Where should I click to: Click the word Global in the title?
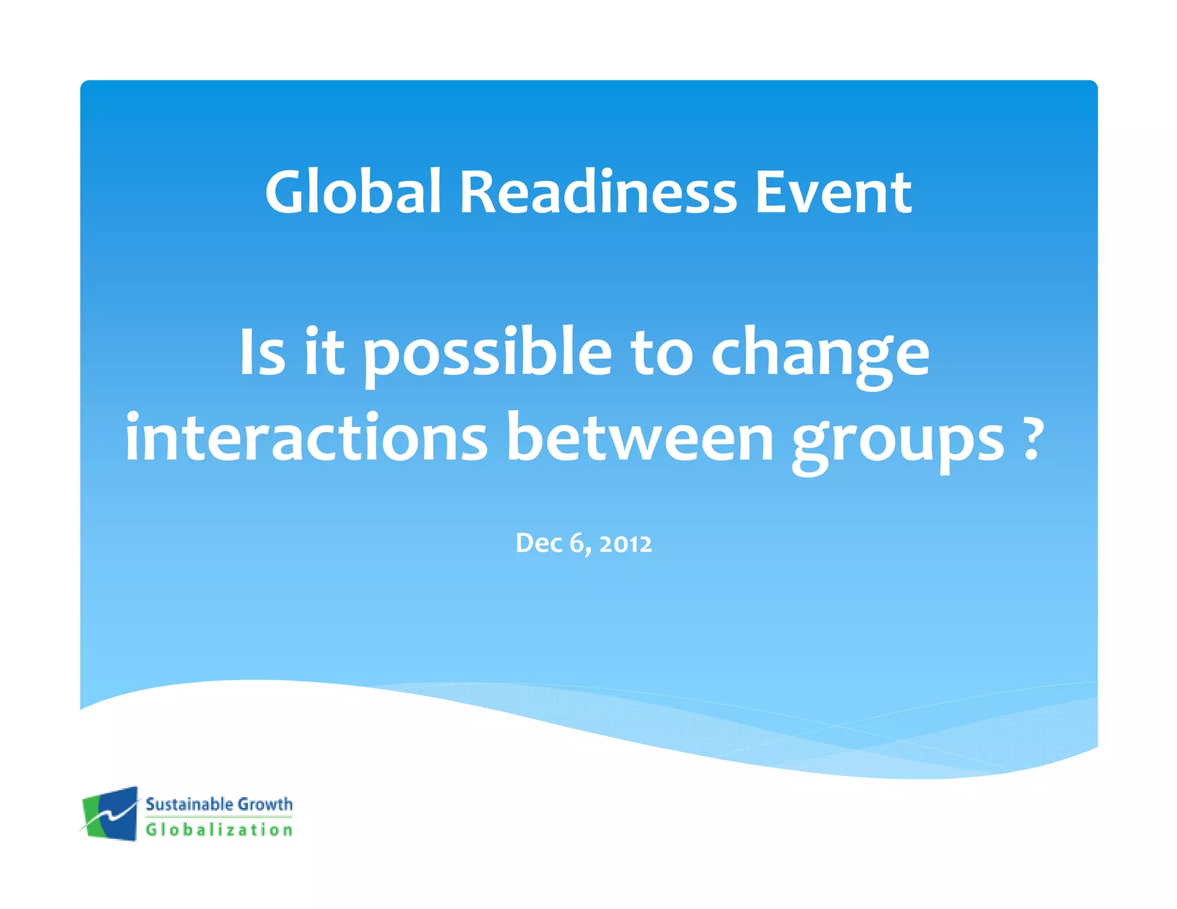click(352, 192)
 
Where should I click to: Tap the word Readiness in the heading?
click(598, 192)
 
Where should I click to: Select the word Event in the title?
click(833, 192)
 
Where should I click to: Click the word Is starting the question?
click(262, 352)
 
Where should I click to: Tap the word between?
click(640, 438)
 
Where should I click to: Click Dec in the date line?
click(539, 543)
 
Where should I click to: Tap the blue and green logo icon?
click(110, 814)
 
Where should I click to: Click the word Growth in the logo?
click(265, 804)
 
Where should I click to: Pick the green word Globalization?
click(219, 830)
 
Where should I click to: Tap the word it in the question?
click(324, 352)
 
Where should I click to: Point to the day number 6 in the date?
click(577, 543)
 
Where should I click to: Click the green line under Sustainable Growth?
click(219, 816)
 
